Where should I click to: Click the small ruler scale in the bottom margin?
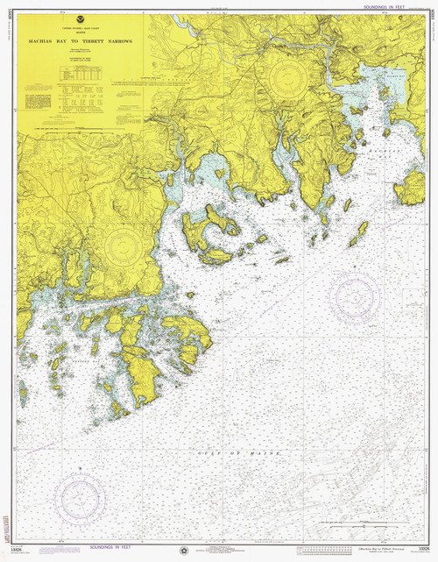(324, 551)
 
